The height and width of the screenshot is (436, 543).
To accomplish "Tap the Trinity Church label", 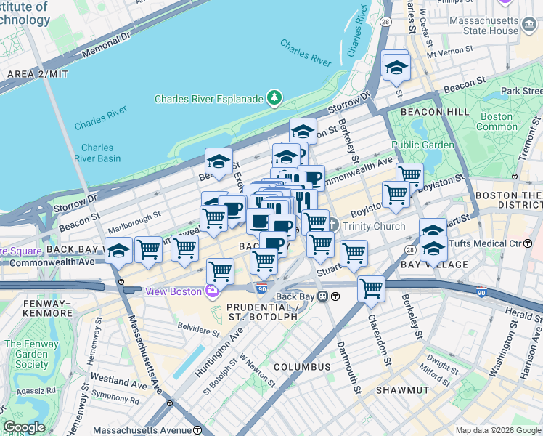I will (x=374, y=226).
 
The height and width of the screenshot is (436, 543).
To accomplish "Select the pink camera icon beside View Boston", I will (x=212, y=291).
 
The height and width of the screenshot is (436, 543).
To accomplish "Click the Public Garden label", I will (x=428, y=144).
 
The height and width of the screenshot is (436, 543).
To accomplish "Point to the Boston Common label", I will (x=497, y=121).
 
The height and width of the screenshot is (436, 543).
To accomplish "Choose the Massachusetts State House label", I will (x=484, y=25).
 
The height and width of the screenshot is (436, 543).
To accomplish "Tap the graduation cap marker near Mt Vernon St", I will (x=396, y=68).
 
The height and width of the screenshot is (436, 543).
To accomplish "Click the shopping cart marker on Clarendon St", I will (x=372, y=288).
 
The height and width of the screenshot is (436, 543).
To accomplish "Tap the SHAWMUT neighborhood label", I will (x=404, y=390).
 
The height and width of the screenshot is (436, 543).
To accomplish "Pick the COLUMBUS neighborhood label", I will (x=302, y=367).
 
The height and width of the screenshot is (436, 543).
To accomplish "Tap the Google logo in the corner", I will (x=24, y=427).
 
